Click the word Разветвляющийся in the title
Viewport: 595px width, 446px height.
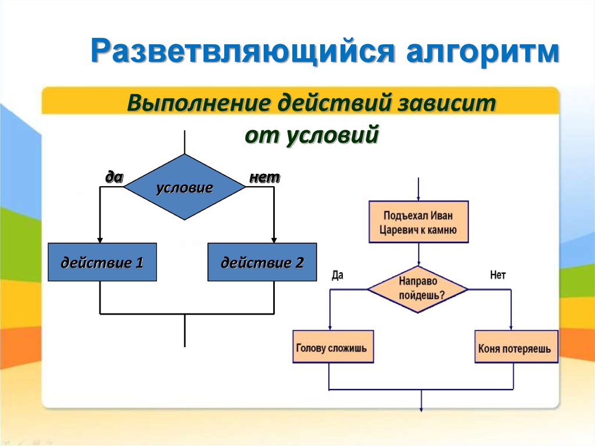[243, 51]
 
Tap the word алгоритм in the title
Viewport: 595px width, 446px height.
[483, 51]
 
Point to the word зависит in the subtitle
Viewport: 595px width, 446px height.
[446, 102]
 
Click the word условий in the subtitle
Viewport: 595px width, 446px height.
[332, 134]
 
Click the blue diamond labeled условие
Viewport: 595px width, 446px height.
[185, 187]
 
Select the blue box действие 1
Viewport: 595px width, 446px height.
[102, 262]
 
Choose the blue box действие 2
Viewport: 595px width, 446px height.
[262, 262]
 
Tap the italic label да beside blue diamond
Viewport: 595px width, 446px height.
[114, 177]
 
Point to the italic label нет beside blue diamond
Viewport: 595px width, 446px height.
[264, 177]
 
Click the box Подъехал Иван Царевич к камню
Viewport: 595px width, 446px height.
[418, 222]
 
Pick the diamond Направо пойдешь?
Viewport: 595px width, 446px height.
[418, 289]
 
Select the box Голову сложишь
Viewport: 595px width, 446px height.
[333, 347]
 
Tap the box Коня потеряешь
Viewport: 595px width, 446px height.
[517, 347]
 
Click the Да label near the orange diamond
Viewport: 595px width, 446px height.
[338, 274]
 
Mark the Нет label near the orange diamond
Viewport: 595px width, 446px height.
[498, 274]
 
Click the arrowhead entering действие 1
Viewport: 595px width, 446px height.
[100, 241]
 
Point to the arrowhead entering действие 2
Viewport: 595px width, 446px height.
[274, 241]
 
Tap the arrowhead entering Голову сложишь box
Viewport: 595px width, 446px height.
[330, 327]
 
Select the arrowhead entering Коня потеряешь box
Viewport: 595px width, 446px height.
[511, 327]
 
